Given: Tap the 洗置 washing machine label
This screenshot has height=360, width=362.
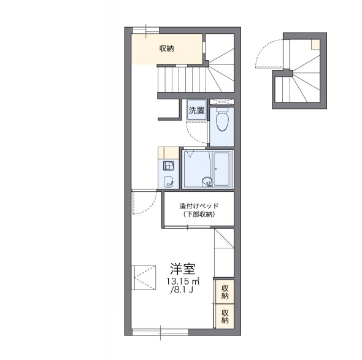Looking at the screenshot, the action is [x=197, y=110].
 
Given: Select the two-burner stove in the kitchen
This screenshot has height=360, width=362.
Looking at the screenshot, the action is [x=169, y=166].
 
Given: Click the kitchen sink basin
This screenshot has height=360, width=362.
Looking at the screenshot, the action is [x=168, y=182].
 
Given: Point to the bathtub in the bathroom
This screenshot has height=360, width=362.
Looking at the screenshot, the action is [x=221, y=169].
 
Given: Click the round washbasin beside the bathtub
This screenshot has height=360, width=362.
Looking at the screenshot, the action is [x=206, y=182].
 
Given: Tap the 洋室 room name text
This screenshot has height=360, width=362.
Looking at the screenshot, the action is [x=183, y=269].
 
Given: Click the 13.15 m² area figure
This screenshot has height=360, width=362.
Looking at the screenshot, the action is [x=183, y=281].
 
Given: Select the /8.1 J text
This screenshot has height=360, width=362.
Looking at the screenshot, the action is [x=182, y=289].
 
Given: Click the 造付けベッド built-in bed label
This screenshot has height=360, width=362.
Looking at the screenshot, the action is [x=199, y=205].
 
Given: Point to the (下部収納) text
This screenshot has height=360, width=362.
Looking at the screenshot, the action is [x=199, y=215].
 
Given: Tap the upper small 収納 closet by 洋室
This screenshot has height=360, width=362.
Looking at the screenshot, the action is [x=225, y=291].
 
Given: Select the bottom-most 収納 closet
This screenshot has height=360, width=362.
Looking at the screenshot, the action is [x=225, y=316].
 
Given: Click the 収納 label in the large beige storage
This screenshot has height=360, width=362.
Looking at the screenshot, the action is [x=166, y=48].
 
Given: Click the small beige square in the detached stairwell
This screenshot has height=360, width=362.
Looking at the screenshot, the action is [x=315, y=44].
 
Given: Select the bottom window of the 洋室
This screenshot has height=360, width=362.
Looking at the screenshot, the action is [x=160, y=332].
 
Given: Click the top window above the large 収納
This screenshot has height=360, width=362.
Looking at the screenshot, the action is [x=145, y=30].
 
